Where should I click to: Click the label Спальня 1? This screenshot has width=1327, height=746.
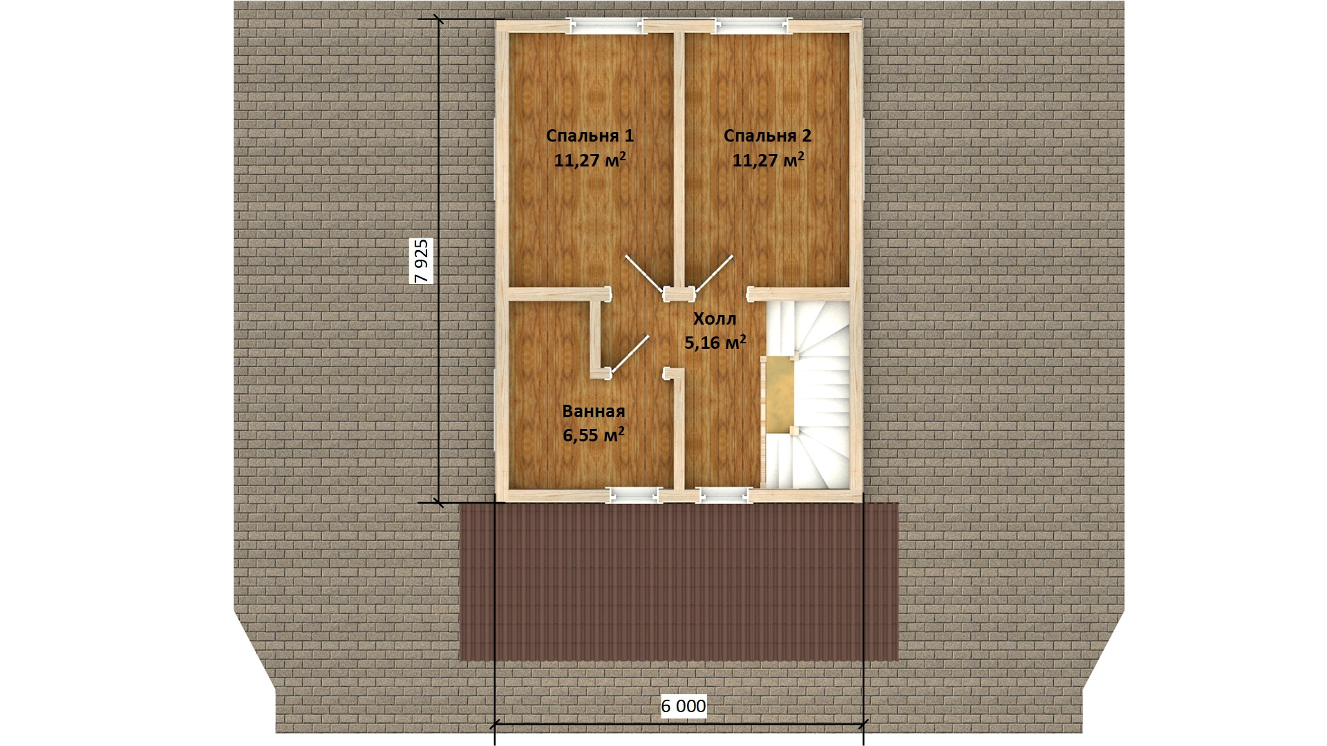point(590,135)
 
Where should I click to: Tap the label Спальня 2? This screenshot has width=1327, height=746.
point(767,135)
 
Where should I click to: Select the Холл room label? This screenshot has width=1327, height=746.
point(715,318)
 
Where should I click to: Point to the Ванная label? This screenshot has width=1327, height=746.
point(593,411)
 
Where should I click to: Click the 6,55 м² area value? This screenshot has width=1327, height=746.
point(593,434)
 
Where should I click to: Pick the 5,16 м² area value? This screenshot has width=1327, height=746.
point(715,342)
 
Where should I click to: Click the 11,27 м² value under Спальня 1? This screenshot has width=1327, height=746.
point(590,160)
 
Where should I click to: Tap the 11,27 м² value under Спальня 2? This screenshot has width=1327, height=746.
point(767,160)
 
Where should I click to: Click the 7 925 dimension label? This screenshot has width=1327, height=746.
point(421,260)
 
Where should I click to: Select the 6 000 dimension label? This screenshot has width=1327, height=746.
point(684,706)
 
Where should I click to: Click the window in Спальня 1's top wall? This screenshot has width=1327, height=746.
point(606,26)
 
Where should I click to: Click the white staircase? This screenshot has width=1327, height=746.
point(807,394)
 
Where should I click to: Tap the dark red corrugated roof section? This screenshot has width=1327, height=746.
point(679,582)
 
